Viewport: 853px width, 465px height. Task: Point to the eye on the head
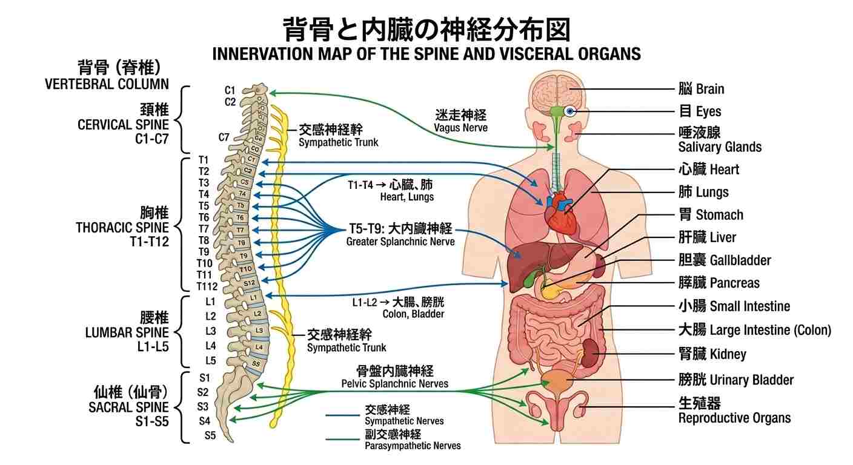coord(569,111)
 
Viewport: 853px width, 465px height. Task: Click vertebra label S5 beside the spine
coord(210,435)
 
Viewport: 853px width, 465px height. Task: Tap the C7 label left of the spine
coord(224,136)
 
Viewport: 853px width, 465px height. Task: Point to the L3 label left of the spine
coord(210,331)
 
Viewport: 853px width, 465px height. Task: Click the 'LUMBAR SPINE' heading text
coord(127,332)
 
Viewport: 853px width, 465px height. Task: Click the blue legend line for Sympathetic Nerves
coord(343,415)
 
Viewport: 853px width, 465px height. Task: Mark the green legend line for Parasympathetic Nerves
coord(343,440)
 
